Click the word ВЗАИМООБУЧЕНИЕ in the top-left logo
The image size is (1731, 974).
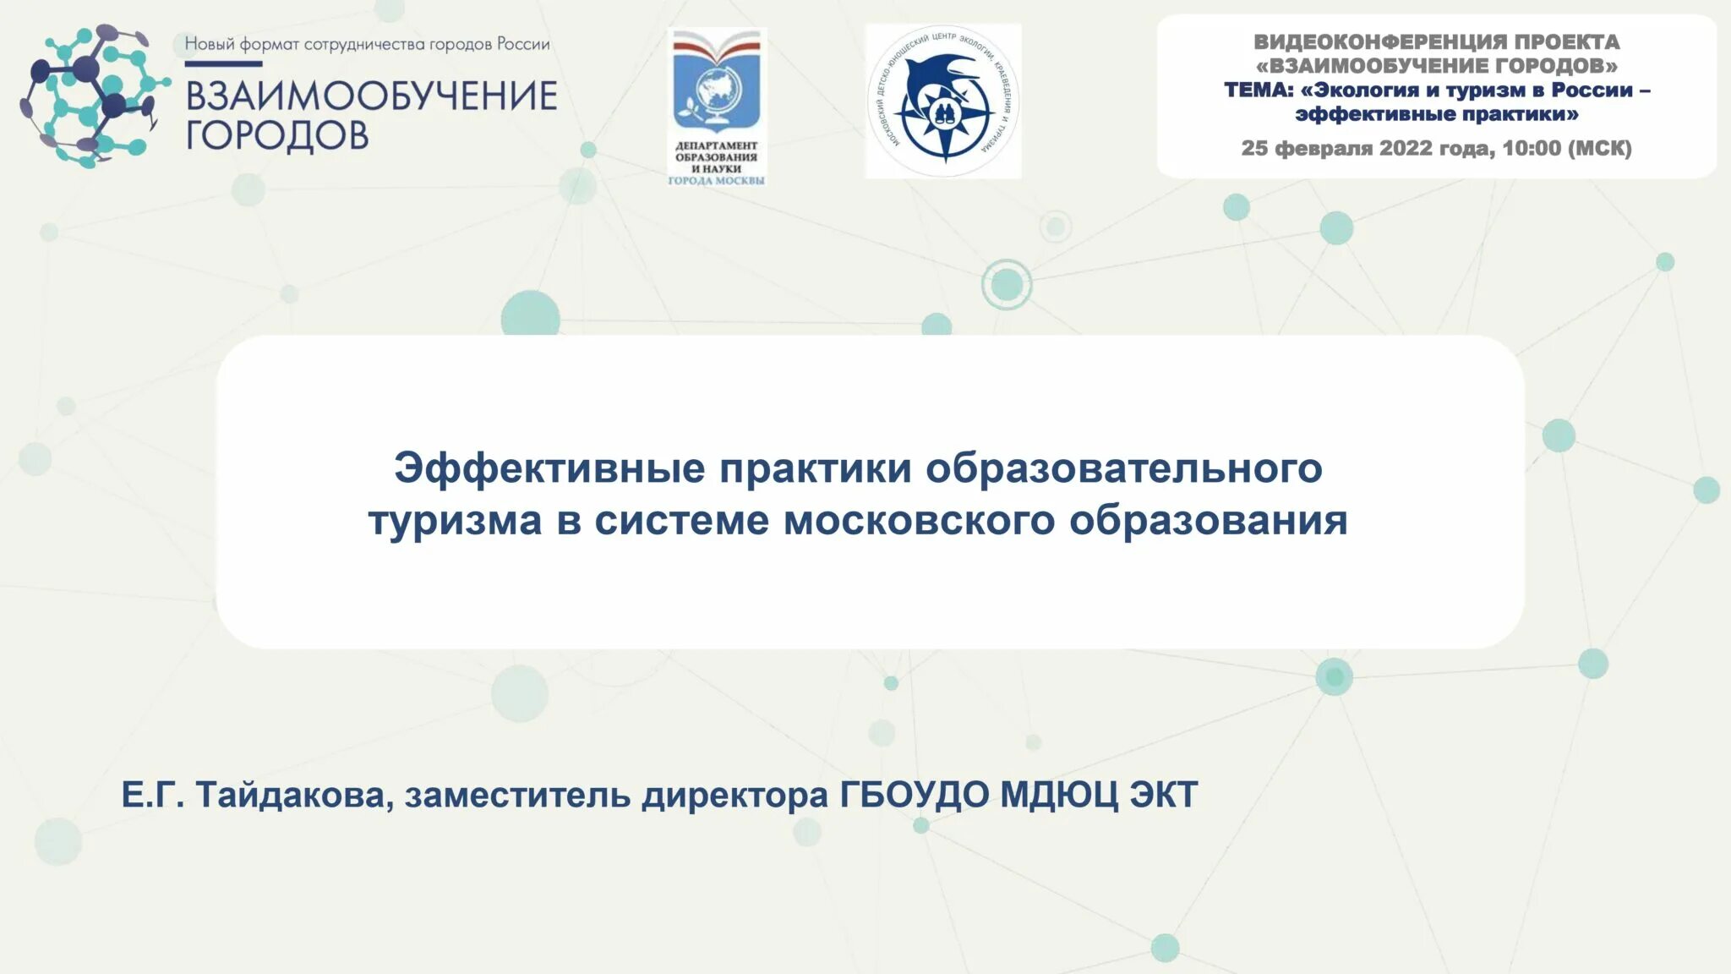(x=371, y=96)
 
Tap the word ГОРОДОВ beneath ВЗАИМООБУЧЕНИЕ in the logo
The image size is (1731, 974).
(x=277, y=135)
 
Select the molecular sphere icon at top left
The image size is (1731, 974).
(x=91, y=95)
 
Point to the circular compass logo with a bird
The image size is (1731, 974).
(x=943, y=101)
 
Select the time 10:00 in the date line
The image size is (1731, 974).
(x=1532, y=149)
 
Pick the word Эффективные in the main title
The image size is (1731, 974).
(x=549, y=468)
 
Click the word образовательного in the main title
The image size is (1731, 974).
(x=1124, y=468)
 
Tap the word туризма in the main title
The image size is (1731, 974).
(x=455, y=520)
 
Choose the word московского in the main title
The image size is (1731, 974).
(x=920, y=520)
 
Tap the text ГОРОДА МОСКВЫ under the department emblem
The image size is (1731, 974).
(x=717, y=181)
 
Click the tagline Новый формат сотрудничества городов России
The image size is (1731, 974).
(x=368, y=44)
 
